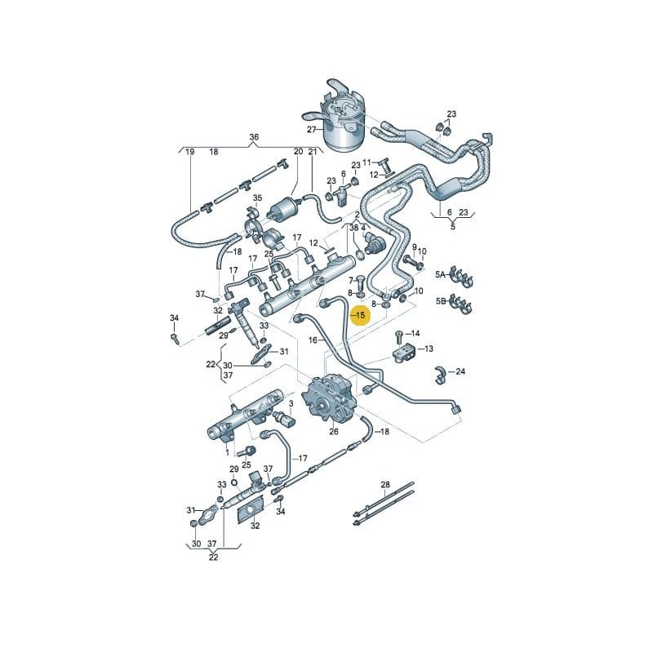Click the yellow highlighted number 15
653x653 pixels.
(x=359, y=313)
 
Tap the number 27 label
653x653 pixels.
(x=311, y=130)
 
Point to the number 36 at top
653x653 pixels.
(x=254, y=137)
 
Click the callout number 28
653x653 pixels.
(x=386, y=485)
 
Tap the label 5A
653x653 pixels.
(x=442, y=275)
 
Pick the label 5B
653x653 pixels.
(x=442, y=302)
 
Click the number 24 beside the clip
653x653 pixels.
(x=460, y=372)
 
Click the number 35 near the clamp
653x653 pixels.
(x=258, y=198)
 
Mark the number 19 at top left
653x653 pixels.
(x=190, y=152)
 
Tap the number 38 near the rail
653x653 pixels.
(x=354, y=229)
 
